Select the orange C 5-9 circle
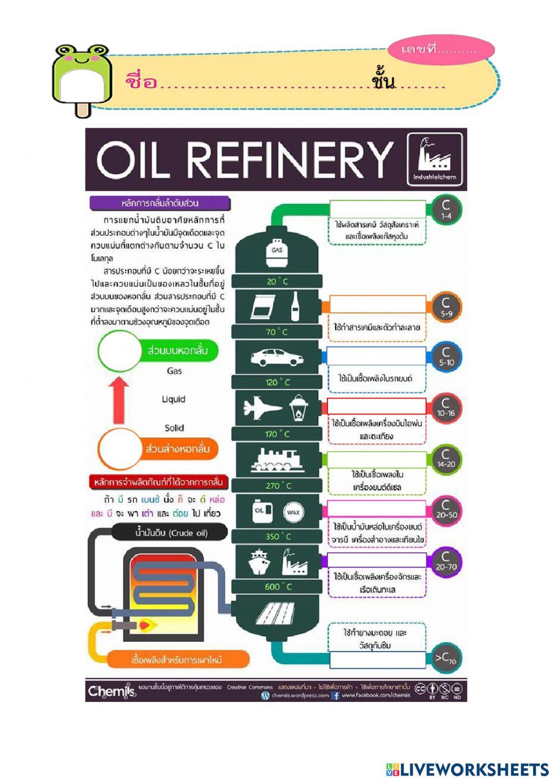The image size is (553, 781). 446,307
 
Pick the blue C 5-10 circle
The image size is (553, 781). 446,357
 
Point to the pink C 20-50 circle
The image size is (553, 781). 446,509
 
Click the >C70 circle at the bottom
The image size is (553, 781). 445,658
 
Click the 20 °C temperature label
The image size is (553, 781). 277,281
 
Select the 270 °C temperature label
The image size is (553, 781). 278,485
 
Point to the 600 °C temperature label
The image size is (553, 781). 278,586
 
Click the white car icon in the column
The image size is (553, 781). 276,358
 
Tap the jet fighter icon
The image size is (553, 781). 262,408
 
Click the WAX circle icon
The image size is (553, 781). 293,512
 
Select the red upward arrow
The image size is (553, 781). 119,399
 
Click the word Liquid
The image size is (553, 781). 174,399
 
